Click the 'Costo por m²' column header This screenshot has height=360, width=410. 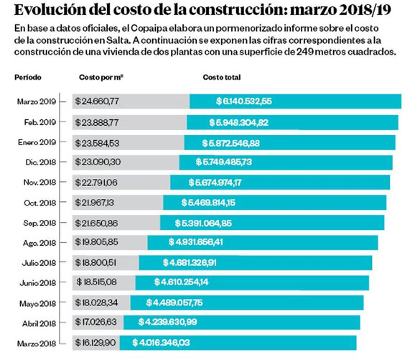[x=101, y=78]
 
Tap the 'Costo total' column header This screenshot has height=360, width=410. [x=222, y=78]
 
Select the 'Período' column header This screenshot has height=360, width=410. [x=28, y=78]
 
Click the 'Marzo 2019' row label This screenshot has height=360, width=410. [x=37, y=101]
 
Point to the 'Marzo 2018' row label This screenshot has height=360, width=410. [x=37, y=343]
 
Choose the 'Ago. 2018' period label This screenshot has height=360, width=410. [x=39, y=244]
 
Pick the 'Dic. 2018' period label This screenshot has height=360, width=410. [x=41, y=162]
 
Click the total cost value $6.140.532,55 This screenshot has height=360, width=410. [x=244, y=101]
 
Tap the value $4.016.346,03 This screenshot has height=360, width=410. [x=161, y=343]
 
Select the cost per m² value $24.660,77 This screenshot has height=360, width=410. [x=97, y=101]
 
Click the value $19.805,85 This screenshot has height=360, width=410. [x=96, y=242]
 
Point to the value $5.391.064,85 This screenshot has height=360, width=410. [x=203, y=223]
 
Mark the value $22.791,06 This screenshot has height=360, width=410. [x=96, y=183]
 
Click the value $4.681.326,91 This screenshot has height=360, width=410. [x=190, y=262]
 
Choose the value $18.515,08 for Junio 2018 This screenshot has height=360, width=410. [x=96, y=282]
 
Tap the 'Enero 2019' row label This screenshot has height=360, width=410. [x=37, y=142]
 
